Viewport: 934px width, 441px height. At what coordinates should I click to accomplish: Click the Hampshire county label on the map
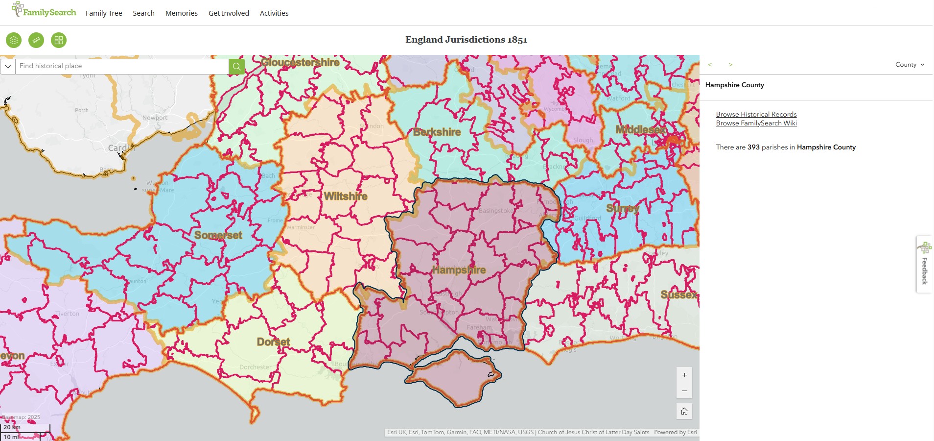pos(459,270)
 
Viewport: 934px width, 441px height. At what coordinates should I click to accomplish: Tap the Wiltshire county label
pos(346,196)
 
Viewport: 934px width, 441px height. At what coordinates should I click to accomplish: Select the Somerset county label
pos(218,235)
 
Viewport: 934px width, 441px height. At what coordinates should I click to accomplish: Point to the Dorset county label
pos(273,342)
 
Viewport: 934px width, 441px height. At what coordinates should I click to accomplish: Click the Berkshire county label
pos(437,132)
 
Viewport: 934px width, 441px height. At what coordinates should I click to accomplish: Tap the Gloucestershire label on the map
pos(300,63)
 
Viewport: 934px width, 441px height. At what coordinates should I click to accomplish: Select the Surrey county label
pos(623,208)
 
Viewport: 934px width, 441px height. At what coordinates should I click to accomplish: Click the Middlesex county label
pos(640,130)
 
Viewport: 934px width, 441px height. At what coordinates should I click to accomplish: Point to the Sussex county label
pos(678,294)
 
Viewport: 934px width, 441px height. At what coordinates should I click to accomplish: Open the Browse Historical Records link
pos(756,114)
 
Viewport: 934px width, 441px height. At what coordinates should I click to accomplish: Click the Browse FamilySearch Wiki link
pos(756,123)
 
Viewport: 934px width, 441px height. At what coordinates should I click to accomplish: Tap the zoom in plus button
pos(684,375)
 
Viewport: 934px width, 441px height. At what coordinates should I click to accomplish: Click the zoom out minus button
pos(684,391)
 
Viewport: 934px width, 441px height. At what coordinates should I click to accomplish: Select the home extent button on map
pos(684,411)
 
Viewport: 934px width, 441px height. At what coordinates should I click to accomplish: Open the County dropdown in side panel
pos(910,65)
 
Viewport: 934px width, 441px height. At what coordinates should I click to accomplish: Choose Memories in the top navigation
pos(181,13)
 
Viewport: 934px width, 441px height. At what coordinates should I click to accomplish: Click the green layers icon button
pos(14,40)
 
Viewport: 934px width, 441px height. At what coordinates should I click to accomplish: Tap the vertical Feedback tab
pos(924,265)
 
